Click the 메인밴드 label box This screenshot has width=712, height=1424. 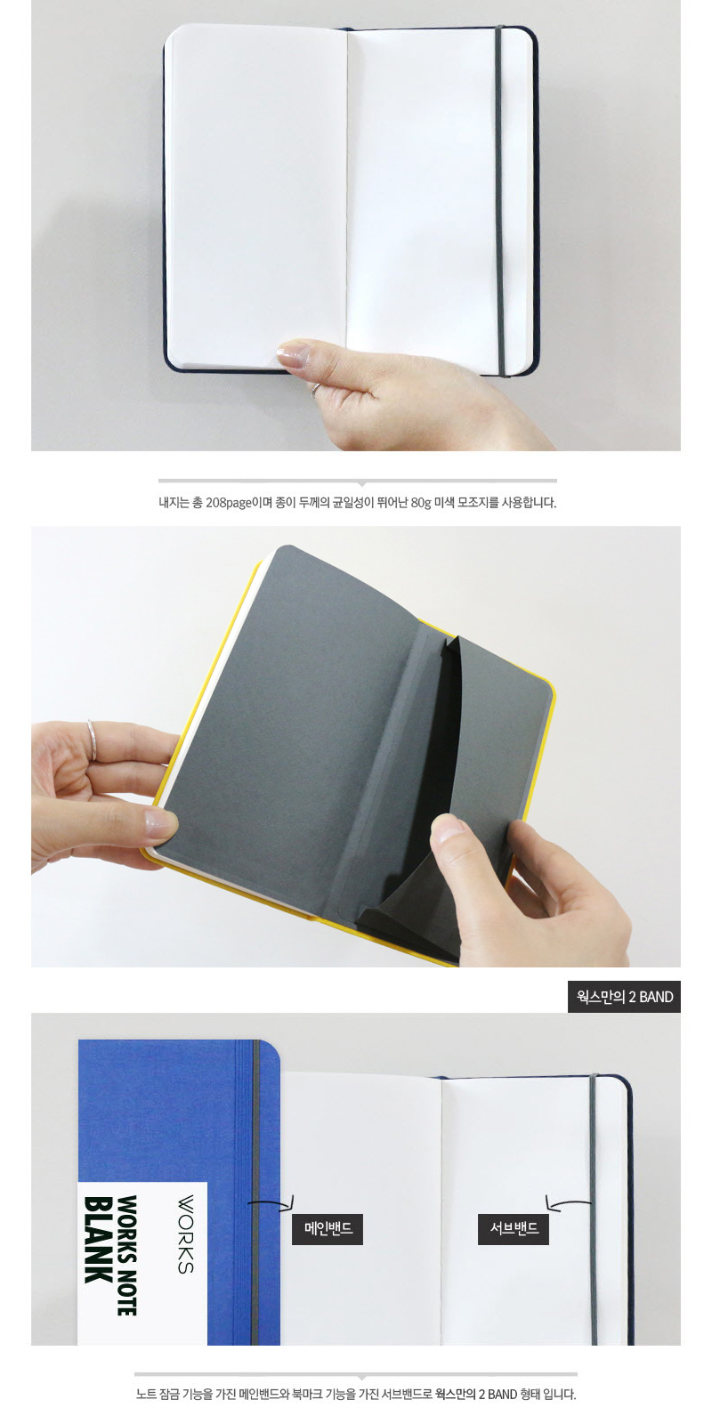328,1228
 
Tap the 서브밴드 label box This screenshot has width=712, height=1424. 513,1228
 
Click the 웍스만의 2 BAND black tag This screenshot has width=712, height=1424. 624,996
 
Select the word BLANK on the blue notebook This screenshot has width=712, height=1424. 99,1239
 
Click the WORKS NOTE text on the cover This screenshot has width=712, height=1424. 127,1255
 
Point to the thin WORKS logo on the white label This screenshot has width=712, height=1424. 185,1234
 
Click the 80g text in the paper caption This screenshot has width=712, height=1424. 421,503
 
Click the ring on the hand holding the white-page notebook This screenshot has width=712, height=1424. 315,388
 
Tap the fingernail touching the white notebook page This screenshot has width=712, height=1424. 293,352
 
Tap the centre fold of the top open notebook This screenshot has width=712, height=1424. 347,197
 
